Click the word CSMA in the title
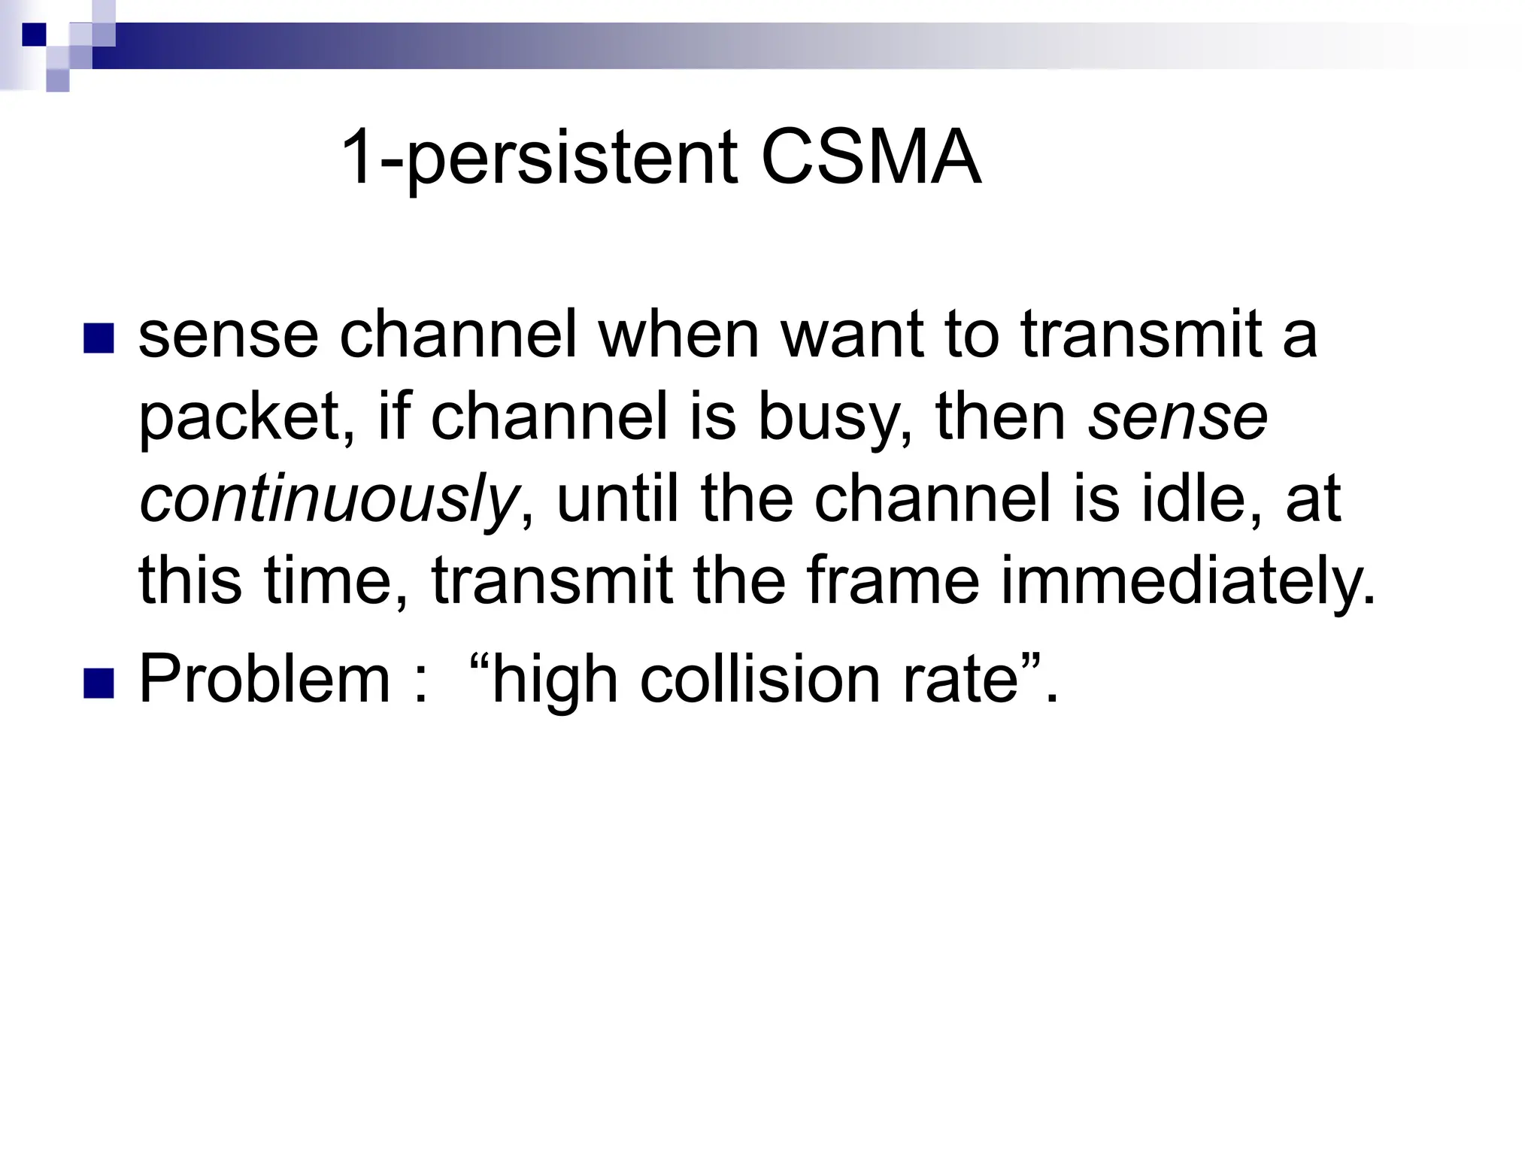871,159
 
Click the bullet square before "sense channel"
99,338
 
